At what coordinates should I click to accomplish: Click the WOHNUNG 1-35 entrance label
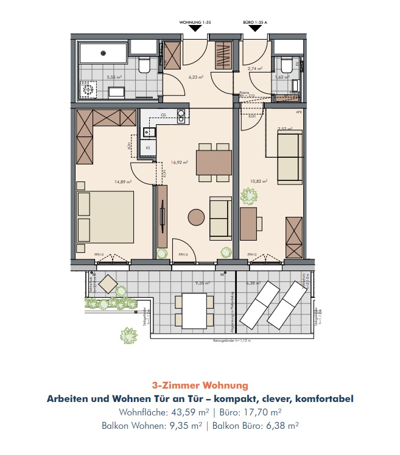pyautogui.click(x=195, y=21)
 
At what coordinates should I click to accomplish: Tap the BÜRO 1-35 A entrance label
pyautogui.click(x=256, y=21)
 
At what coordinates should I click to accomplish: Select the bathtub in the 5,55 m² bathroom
pyautogui.click(x=102, y=52)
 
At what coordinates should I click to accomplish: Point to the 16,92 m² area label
pyautogui.click(x=180, y=163)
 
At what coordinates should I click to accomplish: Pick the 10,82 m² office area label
pyautogui.click(x=259, y=182)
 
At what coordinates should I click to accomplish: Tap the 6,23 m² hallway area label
pyautogui.click(x=195, y=77)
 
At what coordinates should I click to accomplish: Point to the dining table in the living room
pyautogui.click(x=214, y=163)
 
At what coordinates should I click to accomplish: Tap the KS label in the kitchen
pyautogui.click(x=147, y=147)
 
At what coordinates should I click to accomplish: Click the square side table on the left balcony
pyautogui.click(x=108, y=283)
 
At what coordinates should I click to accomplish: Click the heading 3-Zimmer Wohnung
pyautogui.click(x=200, y=386)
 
